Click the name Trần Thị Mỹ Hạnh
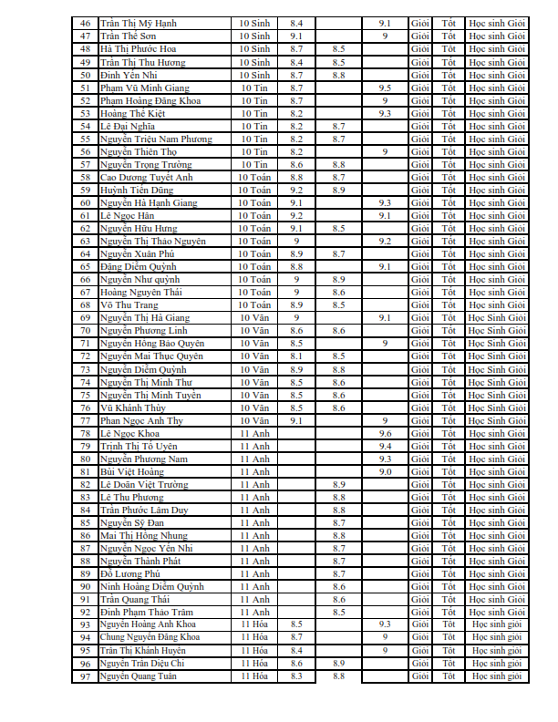tap(138, 22)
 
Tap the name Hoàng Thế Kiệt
tap(133, 113)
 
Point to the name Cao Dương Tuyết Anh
tap(146, 177)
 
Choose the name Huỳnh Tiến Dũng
tap(138, 190)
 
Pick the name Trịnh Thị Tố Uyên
tap(139, 446)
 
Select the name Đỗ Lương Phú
tap(129, 573)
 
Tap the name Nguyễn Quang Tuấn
tap(138, 676)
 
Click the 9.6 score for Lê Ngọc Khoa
tap(385, 433)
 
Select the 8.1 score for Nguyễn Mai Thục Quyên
tap(296, 356)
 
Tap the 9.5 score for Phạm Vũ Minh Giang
tap(385, 88)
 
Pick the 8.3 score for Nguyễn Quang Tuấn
tap(296, 676)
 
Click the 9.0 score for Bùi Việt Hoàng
tap(385, 471)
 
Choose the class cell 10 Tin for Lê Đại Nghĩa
tap(254, 126)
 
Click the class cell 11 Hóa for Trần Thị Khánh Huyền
tap(254, 650)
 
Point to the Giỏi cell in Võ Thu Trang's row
tap(420, 304)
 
